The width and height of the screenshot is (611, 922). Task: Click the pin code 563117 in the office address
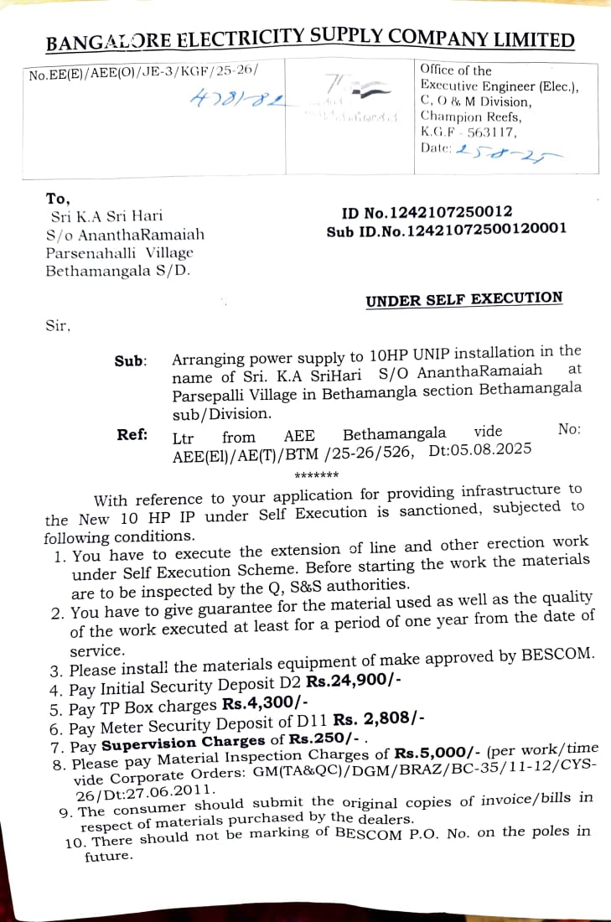coord(494,132)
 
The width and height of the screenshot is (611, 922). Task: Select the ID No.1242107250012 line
coord(427,212)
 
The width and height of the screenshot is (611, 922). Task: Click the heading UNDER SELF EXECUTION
coord(463,299)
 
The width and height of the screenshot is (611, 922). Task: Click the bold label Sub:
coord(130,361)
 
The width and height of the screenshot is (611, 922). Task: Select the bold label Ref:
coord(132,434)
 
